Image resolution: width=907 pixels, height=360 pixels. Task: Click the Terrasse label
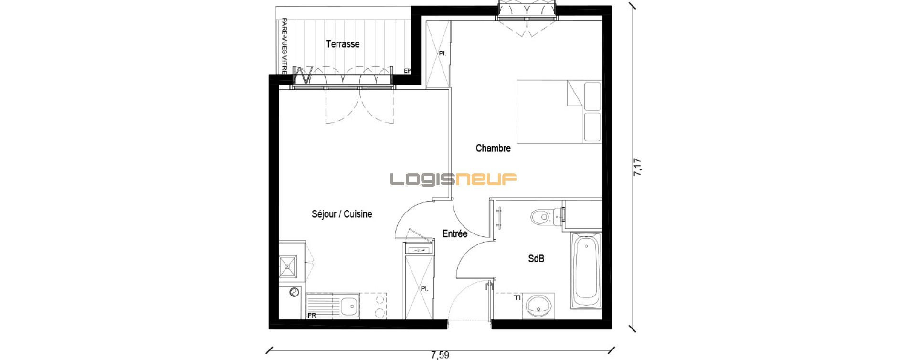coord(343,44)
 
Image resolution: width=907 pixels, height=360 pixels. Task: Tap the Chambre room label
coord(493,148)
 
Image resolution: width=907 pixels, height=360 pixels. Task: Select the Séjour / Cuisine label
coord(342,214)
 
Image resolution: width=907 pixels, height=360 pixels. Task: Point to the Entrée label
coord(455,233)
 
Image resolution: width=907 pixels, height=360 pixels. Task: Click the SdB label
coord(536,258)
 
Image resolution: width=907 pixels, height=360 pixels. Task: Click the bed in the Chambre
coord(559,112)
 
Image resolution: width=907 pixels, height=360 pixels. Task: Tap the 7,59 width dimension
coord(440,355)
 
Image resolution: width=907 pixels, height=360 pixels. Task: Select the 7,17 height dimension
coord(638,167)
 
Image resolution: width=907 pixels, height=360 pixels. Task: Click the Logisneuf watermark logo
coord(453,179)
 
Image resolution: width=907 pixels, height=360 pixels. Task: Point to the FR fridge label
coord(312,316)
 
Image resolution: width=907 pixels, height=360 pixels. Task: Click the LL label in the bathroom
coord(517,298)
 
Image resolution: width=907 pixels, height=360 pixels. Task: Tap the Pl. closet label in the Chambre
coord(443,53)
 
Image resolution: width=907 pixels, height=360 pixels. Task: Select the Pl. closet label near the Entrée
coord(424,289)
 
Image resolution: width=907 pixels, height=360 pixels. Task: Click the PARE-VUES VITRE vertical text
coord(285,46)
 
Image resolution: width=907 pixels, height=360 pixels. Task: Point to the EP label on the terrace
coord(407,71)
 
